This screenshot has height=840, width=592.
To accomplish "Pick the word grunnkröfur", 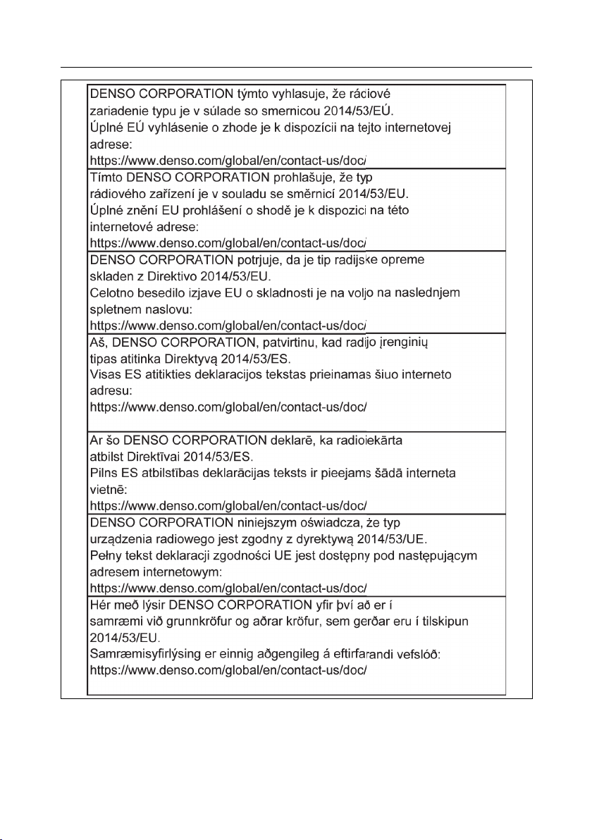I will pyautogui.click(x=204, y=623).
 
